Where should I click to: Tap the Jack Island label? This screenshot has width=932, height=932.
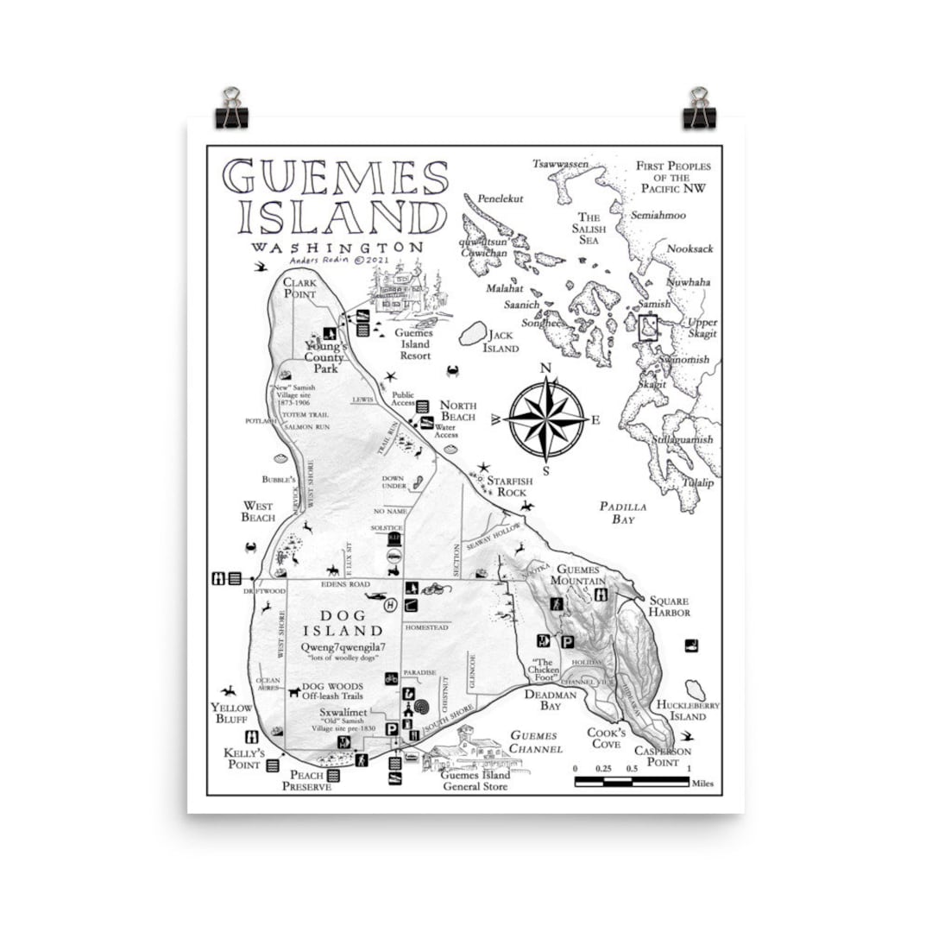pyautogui.click(x=501, y=342)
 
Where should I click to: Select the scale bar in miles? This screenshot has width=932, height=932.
pyautogui.click(x=632, y=782)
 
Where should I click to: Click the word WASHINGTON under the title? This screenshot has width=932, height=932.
pyautogui.click(x=337, y=247)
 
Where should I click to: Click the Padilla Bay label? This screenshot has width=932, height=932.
pyautogui.click(x=623, y=513)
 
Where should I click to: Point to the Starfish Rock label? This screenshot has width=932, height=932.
pyautogui.click(x=508, y=486)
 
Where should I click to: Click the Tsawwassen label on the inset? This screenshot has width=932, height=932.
pyautogui.click(x=560, y=164)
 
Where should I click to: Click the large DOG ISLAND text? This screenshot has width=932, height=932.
pyautogui.click(x=339, y=622)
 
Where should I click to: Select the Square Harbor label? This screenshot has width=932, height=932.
pyautogui.click(x=670, y=606)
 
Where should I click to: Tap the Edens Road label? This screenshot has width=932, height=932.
pyautogui.click(x=344, y=584)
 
